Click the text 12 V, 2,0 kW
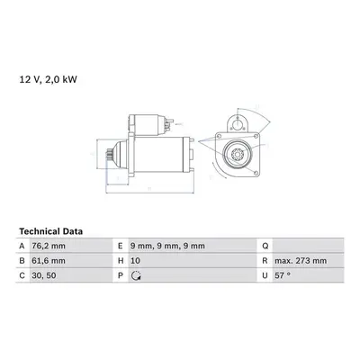click(49, 79)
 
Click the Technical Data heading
click(50, 231)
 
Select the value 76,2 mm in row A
click(49, 246)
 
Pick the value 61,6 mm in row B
click(49, 261)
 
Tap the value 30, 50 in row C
click(44, 275)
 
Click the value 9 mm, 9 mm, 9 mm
click(167, 246)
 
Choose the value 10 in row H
click(135, 261)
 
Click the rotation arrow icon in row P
click(137, 275)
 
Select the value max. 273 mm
click(301, 261)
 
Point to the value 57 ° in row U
click(283, 275)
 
